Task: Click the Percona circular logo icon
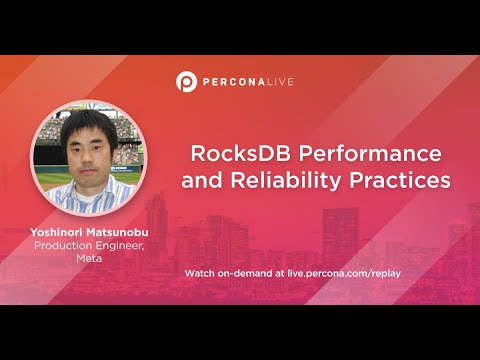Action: [x=185, y=81]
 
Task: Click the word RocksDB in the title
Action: [x=236, y=156]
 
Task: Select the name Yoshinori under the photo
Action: [x=59, y=233]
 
